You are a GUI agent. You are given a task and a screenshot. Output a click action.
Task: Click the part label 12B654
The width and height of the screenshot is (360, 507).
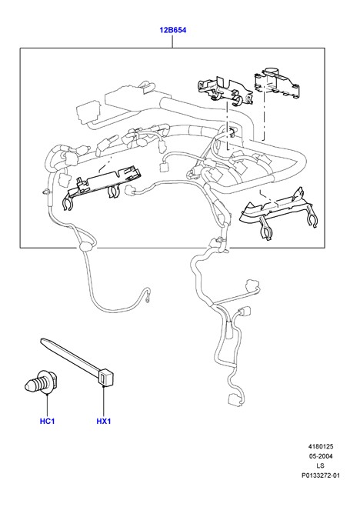click(172, 30)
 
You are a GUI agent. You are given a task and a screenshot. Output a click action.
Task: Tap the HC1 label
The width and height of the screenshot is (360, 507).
click(47, 421)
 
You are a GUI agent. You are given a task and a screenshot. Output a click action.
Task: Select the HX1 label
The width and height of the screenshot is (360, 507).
click(104, 421)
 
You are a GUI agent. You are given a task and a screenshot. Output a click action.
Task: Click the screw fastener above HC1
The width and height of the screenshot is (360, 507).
click(42, 382)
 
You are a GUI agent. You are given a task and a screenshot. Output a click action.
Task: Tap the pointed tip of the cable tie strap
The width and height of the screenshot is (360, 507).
click(42, 340)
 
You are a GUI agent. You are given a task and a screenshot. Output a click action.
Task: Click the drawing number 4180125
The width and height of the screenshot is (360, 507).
click(321, 446)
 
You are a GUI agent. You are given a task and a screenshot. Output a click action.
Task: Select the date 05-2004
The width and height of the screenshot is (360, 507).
click(321, 456)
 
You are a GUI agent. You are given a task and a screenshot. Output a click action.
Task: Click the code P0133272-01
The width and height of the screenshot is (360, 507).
click(321, 475)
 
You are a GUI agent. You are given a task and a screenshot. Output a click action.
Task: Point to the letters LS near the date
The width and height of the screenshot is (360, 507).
click(320, 466)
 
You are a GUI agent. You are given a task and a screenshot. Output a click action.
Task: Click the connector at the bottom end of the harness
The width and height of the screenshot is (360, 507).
click(235, 399)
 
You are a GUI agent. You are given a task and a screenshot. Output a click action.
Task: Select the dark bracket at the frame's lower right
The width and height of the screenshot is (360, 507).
click(278, 212)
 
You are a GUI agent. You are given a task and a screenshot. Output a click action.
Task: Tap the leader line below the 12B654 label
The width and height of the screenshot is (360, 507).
click(172, 42)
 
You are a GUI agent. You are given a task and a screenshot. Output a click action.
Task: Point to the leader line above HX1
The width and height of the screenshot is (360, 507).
click(104, 400)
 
